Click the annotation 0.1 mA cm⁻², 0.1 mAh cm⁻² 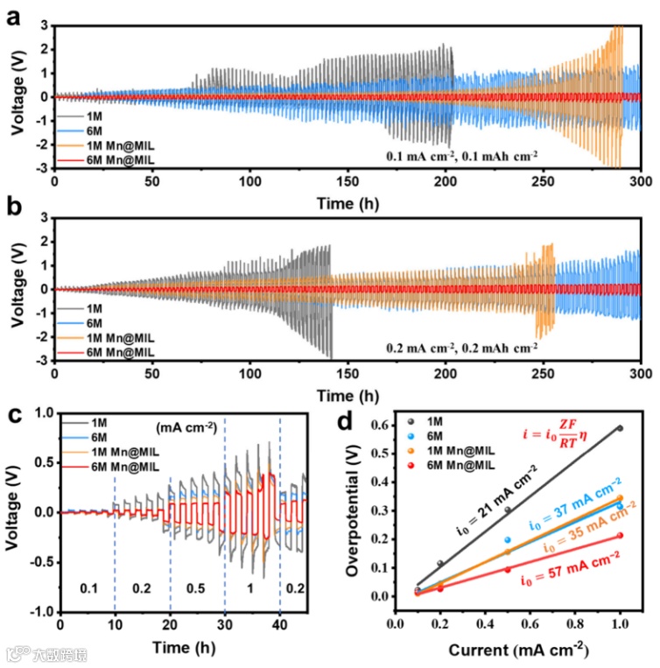click(x=462, y=154)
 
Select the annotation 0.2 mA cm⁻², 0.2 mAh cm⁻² click(x=462, y=347)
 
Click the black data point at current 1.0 click(x=620, y=428)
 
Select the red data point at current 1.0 click(x=620, y=536)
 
